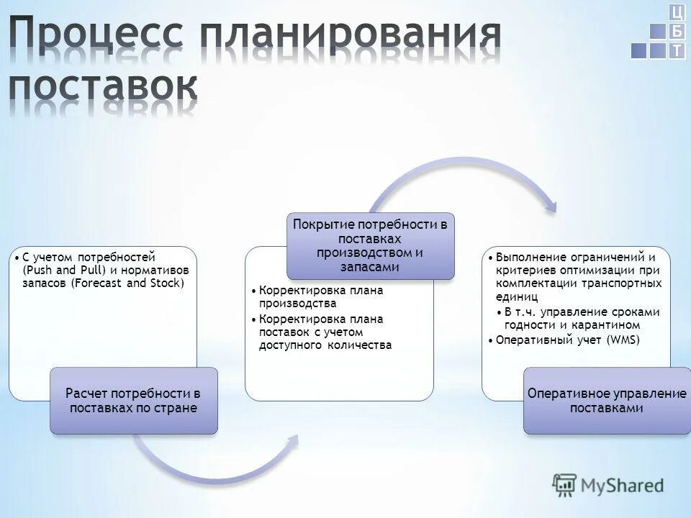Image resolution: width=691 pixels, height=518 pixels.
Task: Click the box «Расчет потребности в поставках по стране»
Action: click(133, 401)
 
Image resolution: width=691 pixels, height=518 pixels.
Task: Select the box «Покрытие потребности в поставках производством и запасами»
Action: click(371, 245)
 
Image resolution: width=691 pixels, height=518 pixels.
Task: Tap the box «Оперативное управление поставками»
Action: click(607, 401)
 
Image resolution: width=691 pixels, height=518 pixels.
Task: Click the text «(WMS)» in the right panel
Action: click(623, 340)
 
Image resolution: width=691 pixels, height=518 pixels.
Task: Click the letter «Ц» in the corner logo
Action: click(677, 12)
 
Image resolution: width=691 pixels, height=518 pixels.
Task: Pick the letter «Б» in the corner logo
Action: click(677, 32)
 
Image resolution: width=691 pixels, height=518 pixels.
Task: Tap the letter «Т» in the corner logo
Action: click(677, 50)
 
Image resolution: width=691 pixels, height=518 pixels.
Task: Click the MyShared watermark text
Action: click(621, 485)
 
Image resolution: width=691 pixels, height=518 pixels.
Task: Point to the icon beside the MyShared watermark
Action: click(565, 486)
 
